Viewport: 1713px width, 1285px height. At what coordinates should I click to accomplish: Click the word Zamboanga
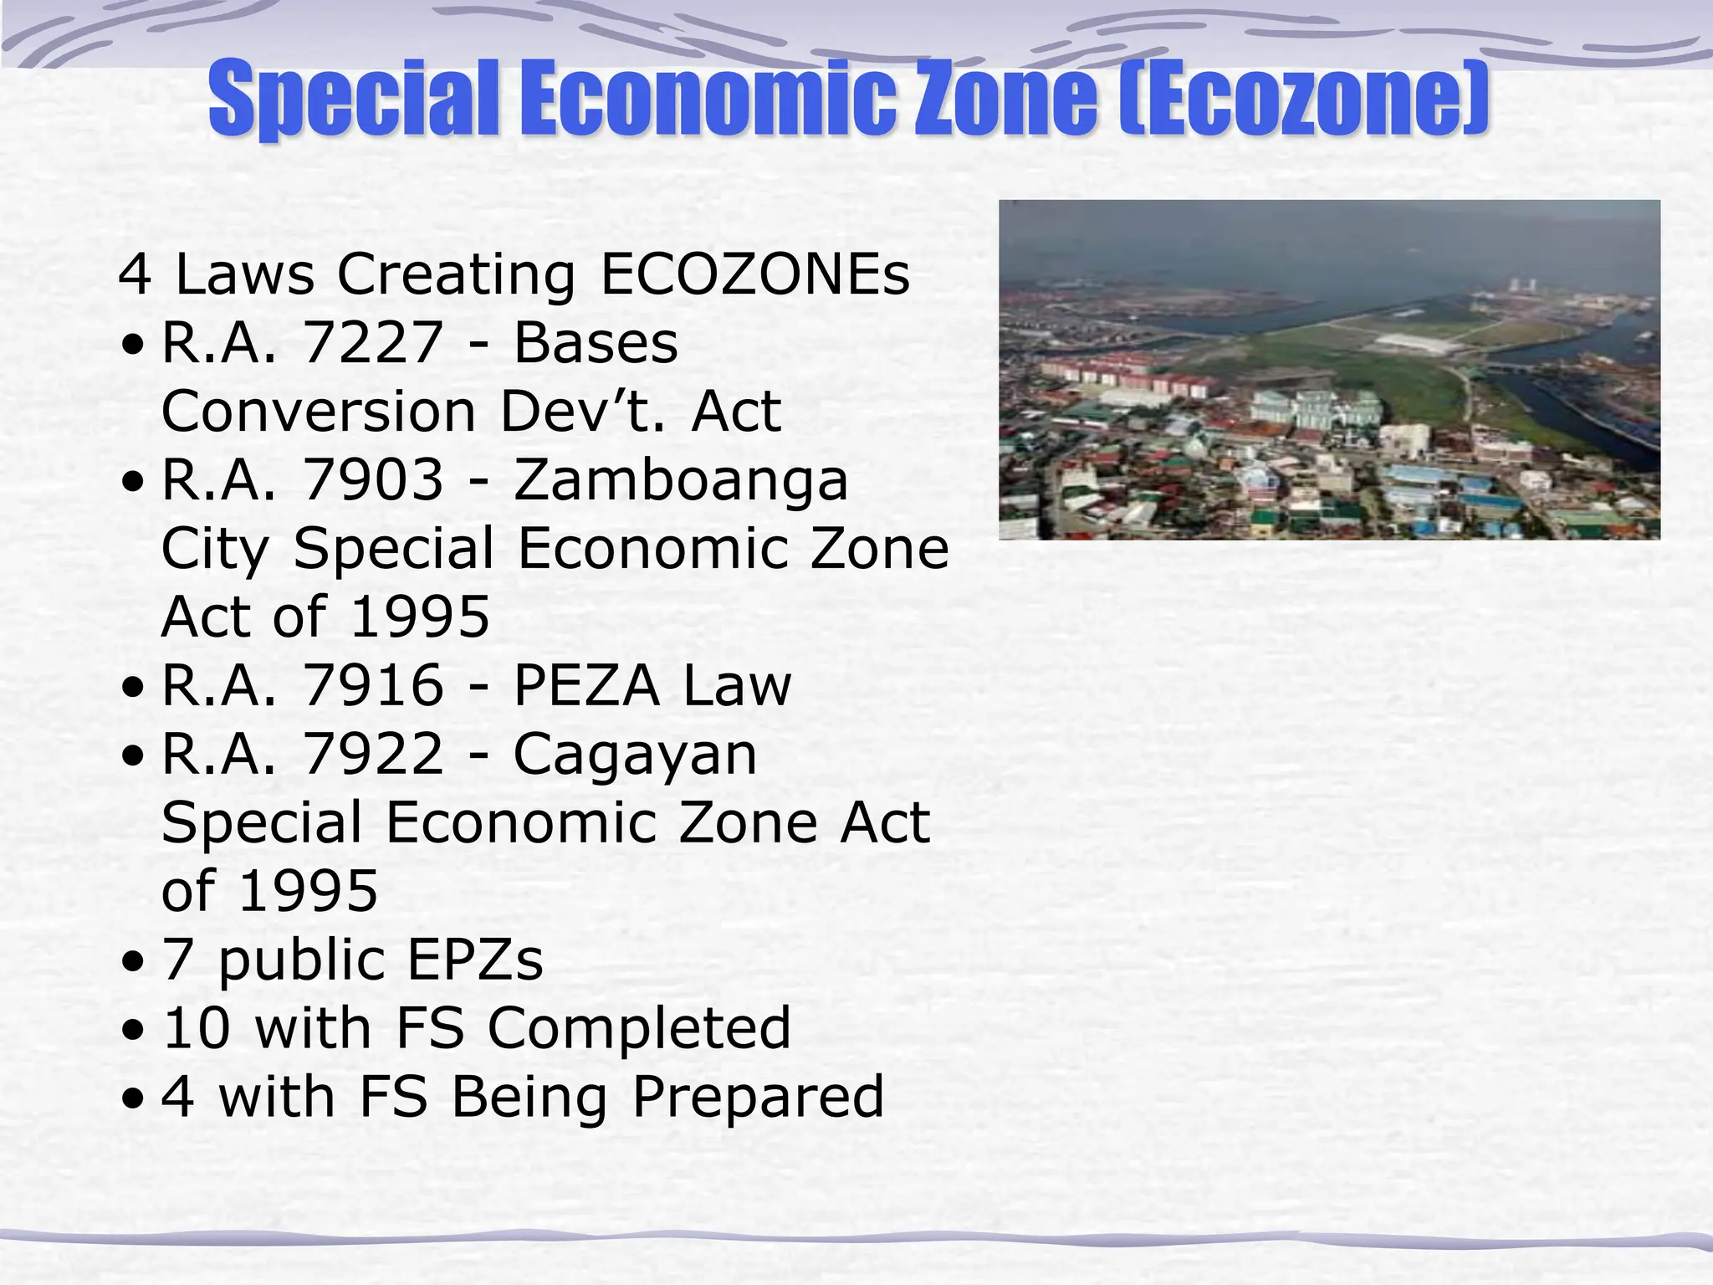pyautogui.click(x=681, y=482)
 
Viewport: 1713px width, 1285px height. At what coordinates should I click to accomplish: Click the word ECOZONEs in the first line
pyautogui.click(x=755, y=274)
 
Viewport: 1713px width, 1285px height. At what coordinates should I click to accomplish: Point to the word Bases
pyautogui.click(x=596, y=343)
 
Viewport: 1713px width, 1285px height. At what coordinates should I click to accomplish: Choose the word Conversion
pyautogui.click(x=319, y=412)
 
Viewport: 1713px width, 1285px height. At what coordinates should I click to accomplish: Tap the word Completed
pyautogui.click(x=639, y=1028)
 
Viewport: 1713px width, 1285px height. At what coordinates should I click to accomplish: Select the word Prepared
pyautogui.click(x=758, y=1097)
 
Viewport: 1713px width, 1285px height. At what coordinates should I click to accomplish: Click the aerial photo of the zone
pyautogui.click(x=1329, y=369)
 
